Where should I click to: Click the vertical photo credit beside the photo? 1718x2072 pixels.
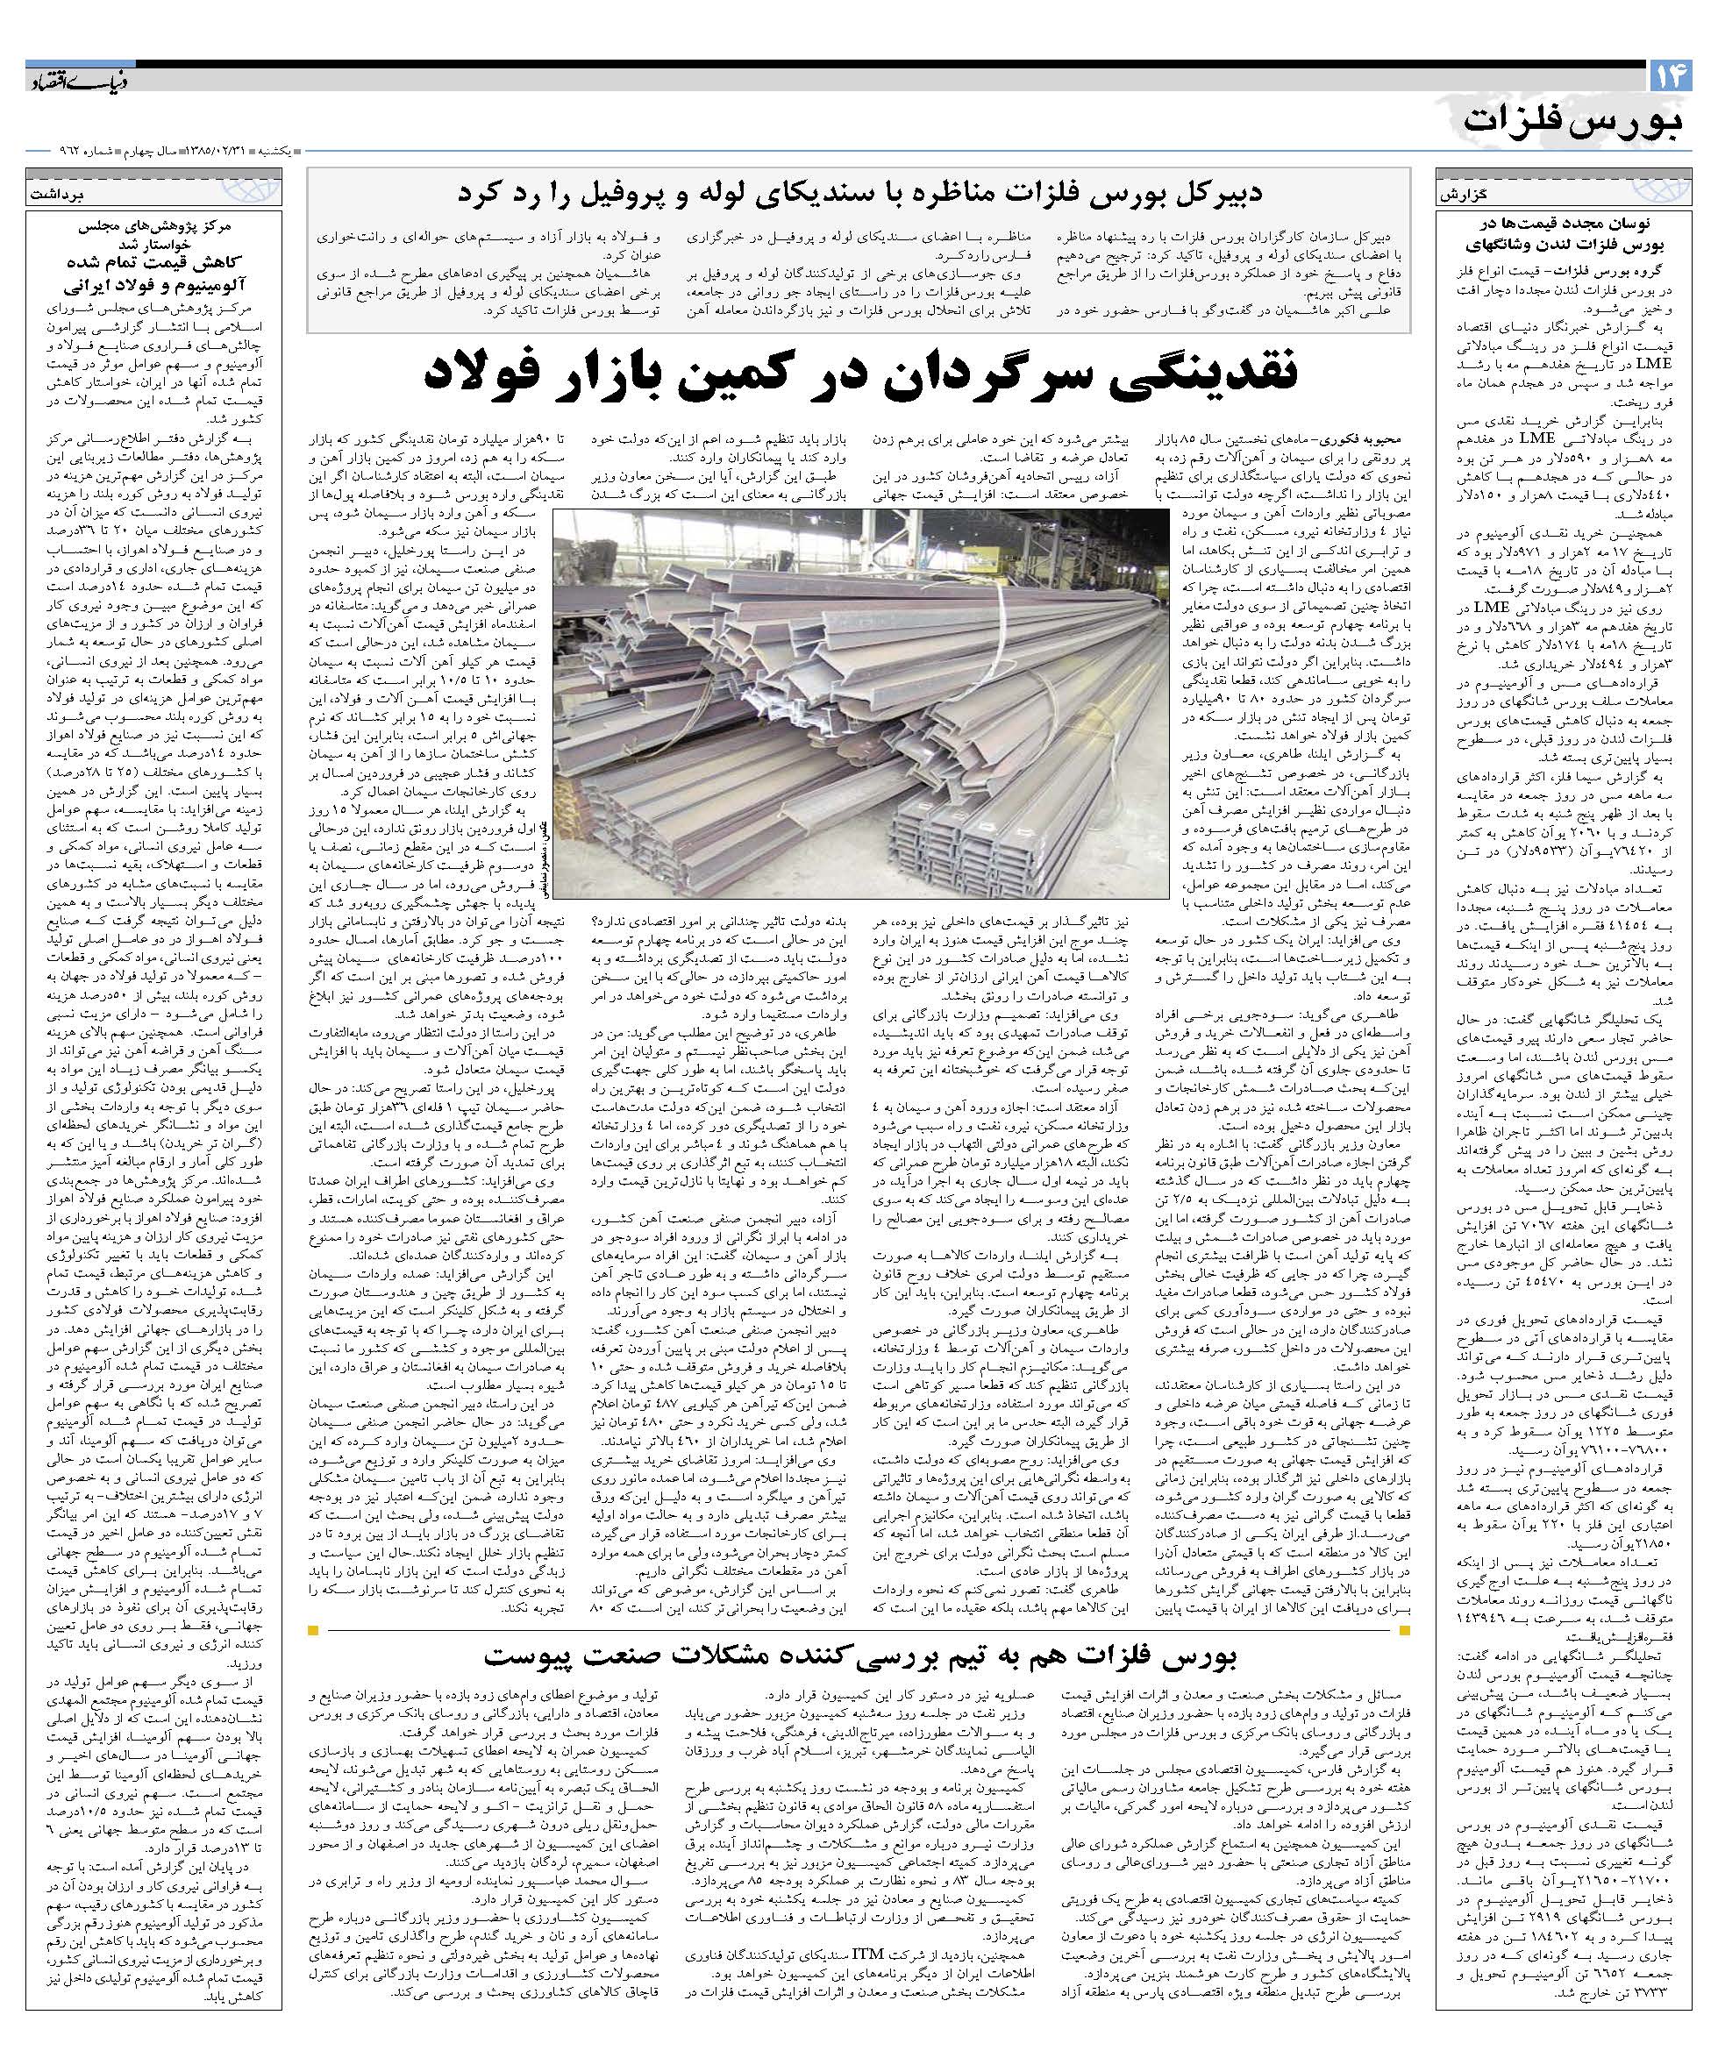pos(544,849)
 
